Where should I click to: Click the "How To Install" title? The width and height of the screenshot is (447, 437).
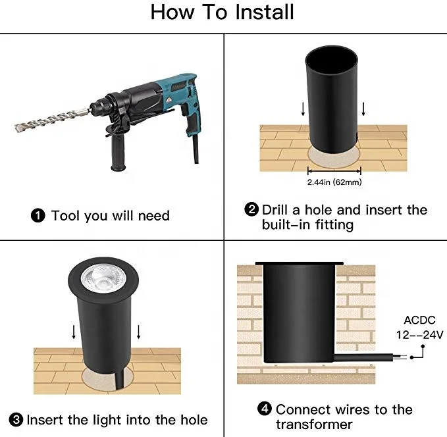[x=222, y=12]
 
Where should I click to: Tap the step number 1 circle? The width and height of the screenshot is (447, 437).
[x=38, y=215]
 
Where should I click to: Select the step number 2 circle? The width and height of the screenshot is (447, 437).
[x=251, y=209]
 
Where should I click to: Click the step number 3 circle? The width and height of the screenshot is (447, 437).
[x=16, y=420]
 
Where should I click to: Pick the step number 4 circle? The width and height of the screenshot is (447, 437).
[x=265, y=409]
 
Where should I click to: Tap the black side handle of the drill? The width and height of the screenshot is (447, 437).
[x=118, y=149]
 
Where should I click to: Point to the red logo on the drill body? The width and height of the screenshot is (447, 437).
[x=169, y=100]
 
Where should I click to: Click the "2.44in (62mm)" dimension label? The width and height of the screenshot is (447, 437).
[x=334, y=182]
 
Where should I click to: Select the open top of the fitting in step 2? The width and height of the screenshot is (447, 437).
[x=332, y=60]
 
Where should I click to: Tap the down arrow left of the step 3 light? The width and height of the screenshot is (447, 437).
[x=74, y=332]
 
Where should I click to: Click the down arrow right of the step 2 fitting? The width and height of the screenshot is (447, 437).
[x=363, y=109]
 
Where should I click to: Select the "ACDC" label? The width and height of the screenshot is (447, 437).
[x=419, y=320]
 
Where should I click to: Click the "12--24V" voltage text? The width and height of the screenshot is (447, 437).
[x=420, y=334]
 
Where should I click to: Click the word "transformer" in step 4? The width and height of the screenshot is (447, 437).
[x=314, y=424]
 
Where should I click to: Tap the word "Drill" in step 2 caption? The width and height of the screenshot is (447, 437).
[x=275, y=210]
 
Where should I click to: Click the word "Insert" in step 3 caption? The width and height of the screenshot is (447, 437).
[x=45, y=420]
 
